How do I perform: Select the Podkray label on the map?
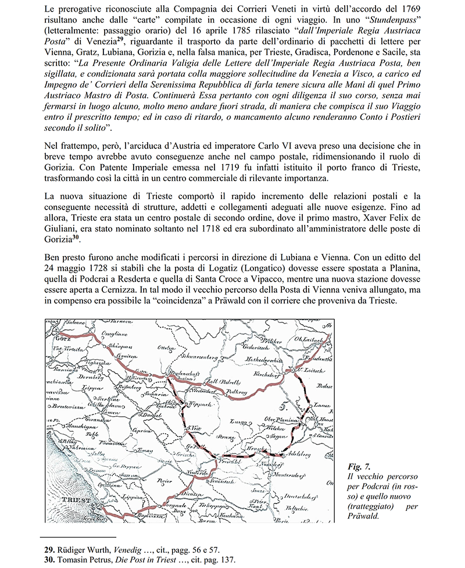(x=236, y=393)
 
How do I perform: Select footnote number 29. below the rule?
(x=50, y=549)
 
